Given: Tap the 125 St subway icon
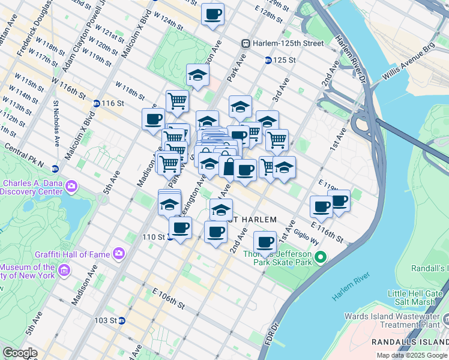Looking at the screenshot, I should point(268,61).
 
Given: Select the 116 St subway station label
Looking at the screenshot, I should point(112,104).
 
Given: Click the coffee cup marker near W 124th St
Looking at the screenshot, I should point(212,14).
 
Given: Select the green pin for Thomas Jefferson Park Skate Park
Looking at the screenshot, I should point(321,258).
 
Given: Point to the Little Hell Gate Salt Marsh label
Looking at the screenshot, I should point(420,298).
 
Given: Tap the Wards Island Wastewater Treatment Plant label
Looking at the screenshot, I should point(396,321).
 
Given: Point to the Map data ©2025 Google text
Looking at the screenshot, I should point(412,355).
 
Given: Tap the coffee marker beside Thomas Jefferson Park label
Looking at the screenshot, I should point(265,242).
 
